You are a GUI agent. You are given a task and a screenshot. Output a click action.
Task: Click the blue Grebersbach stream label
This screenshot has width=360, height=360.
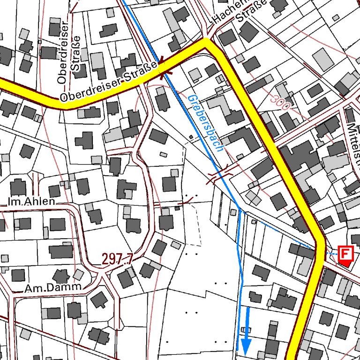[205, 122]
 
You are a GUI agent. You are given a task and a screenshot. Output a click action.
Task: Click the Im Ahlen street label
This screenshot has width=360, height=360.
[31, 202]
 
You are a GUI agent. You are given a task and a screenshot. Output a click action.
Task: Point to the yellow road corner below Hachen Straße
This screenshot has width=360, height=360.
[207, 45]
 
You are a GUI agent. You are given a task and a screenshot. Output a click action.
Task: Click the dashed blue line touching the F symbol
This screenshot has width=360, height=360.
[332, 254]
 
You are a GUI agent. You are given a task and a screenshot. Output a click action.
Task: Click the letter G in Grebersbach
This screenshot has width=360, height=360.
[192, 99]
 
